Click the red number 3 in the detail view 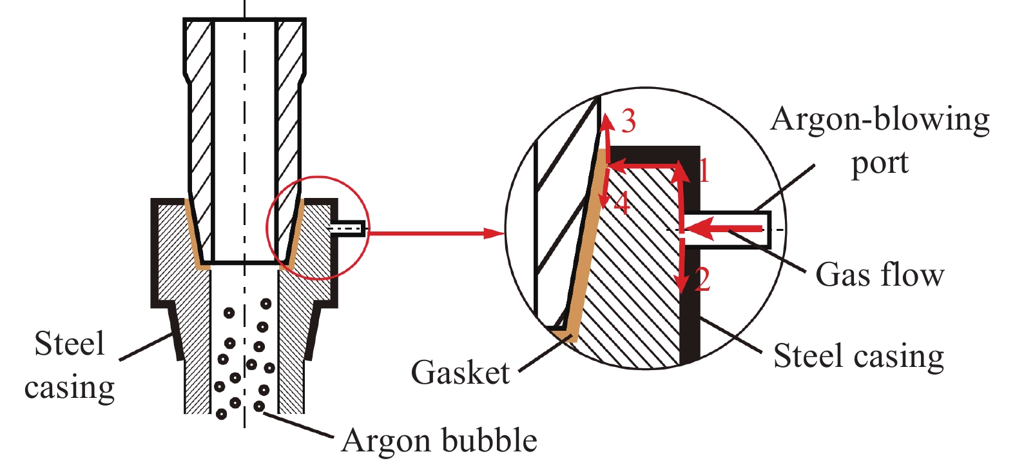(628, 121)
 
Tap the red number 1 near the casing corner (704, 170)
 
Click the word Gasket (460, 373)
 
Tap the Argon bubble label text (440, 441)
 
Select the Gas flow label (880, 275)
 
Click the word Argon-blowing (880, 120)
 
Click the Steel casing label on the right (858, 356)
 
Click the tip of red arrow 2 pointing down (681, 291)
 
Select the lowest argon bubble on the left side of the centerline (222, 414)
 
